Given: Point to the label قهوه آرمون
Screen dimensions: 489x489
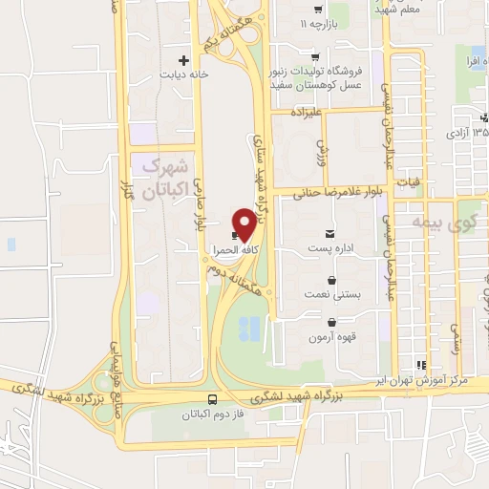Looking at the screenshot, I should click(x=330, y=338).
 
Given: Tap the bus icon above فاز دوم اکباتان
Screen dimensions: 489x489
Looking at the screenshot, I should click(x=212, y=400).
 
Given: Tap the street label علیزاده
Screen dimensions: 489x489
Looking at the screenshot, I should click(x=312, y=113).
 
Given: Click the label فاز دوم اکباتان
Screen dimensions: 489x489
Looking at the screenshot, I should click(x=211, y=415).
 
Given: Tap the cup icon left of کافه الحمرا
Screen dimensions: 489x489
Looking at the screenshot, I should click(x=235, y=235).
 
